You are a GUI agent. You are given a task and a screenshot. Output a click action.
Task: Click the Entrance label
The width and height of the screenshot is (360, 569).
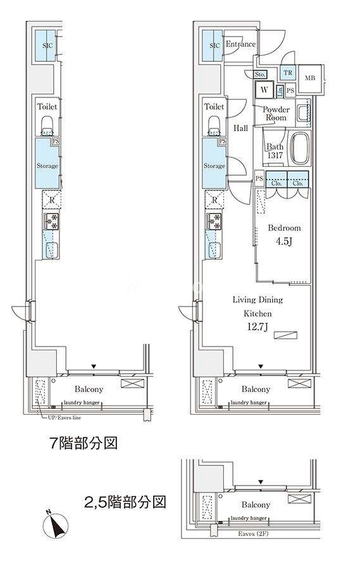240,44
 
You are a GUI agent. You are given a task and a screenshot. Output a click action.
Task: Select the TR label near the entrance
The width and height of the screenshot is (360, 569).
288,73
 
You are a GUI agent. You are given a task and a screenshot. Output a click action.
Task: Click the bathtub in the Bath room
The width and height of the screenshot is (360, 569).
299,149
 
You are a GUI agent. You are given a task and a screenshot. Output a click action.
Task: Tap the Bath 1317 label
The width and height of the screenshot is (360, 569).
275,152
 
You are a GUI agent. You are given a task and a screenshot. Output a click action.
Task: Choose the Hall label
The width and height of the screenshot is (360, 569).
241,128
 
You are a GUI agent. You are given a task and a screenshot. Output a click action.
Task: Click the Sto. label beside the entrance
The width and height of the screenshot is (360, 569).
260,75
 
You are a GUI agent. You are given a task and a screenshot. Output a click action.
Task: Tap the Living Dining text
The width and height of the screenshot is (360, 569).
258,300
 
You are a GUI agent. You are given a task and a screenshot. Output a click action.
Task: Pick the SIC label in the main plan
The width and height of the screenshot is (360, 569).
214,46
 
